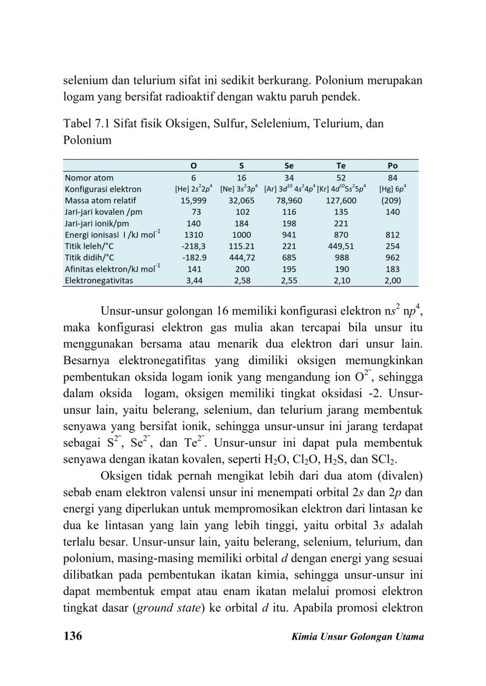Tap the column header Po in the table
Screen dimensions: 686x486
(392, 166)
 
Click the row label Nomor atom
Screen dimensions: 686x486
(89, 178)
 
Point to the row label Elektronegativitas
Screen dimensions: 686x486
(99, 281)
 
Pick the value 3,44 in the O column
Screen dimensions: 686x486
(192, 281)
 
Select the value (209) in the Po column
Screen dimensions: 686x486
(392, 201)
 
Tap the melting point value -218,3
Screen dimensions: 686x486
(192, 246)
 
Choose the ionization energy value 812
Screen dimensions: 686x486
(392, 235)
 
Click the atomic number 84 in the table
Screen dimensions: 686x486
(392, 178)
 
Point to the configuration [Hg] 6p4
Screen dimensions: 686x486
(392, 189)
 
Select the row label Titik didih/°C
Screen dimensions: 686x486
(89, 258)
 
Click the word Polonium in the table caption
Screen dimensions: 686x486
(87, 140)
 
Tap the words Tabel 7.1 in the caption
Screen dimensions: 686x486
(87, 124)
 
